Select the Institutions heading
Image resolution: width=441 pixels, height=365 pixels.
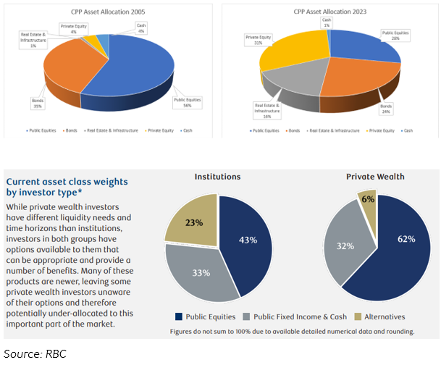[x=218, y=177]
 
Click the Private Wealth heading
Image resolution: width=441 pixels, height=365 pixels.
[x=374, y=177]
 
